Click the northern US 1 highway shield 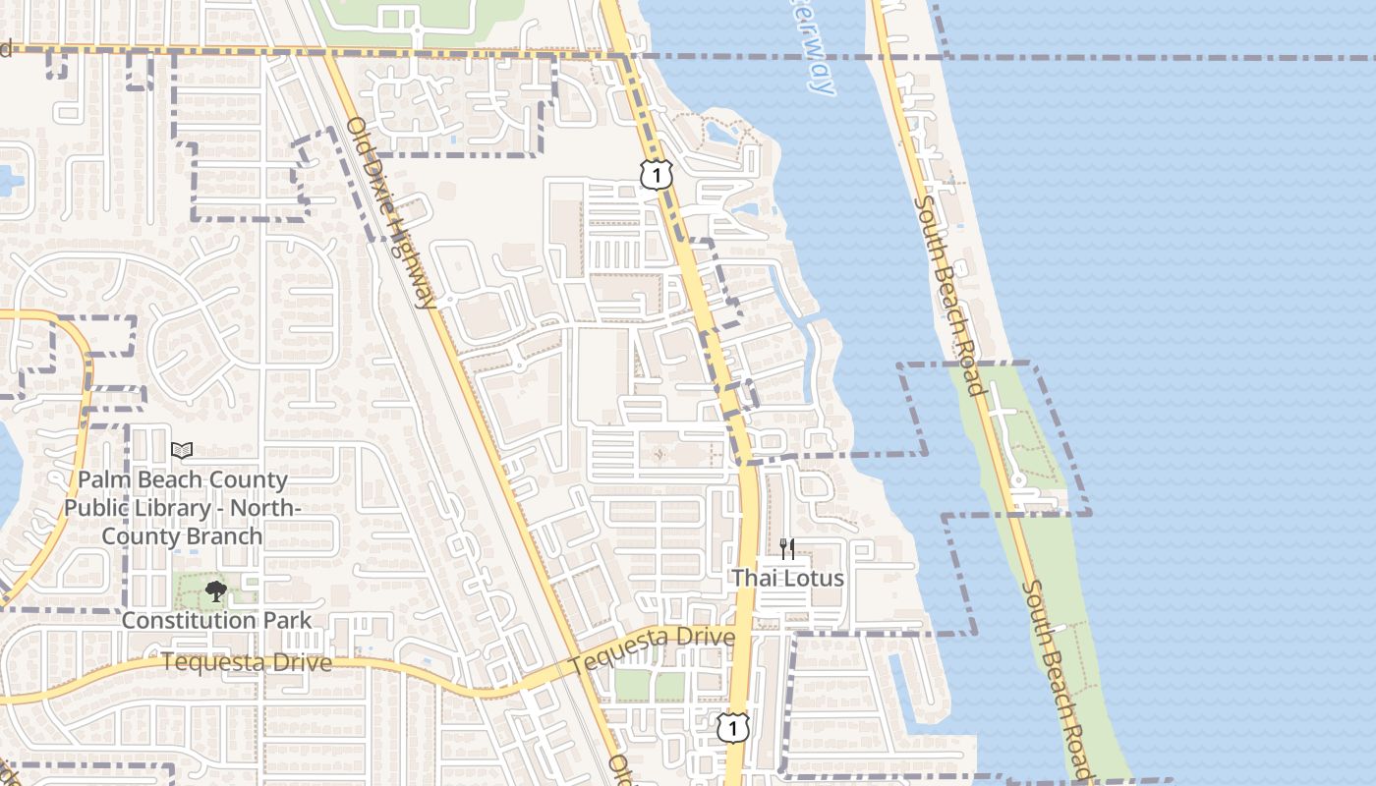coord(656,174)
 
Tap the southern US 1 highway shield coord(731,728)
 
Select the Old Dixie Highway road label coord(392,212)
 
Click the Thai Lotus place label coord(787,578)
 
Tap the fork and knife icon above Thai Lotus coord(786,548)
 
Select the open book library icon coord(182,450)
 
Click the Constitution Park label coord(216,620)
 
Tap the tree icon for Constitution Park coord(215,591)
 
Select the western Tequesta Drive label coord(247,662)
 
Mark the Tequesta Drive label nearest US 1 coord(652,650)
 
